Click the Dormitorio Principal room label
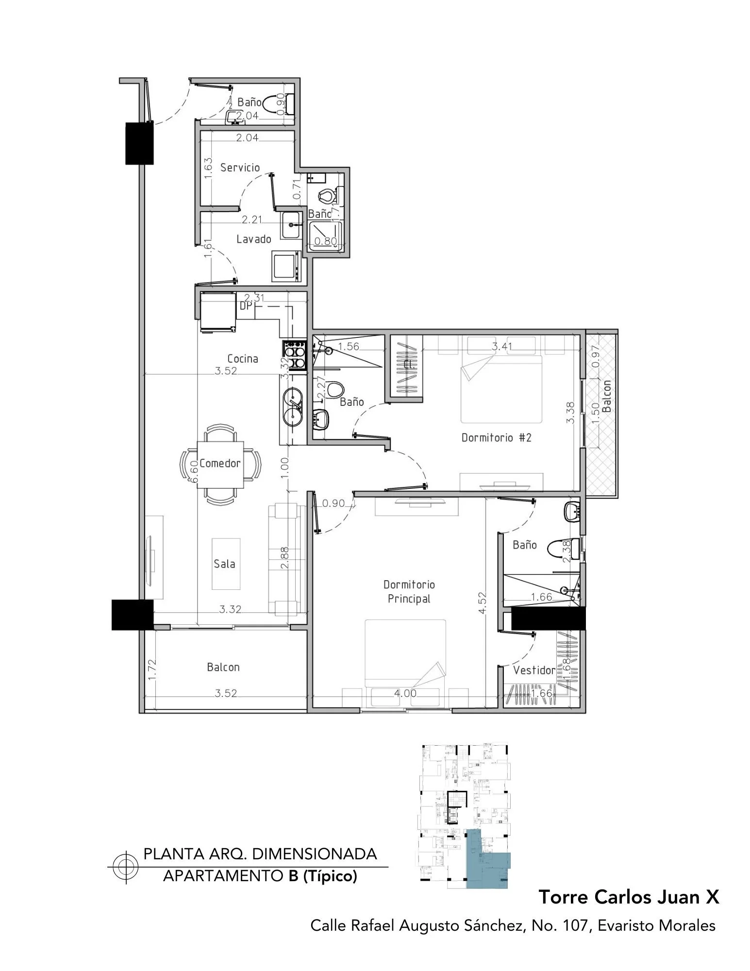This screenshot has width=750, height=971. pos(409,591)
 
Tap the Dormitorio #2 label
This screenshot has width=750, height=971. pos(496,437)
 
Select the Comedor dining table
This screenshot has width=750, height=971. pos(220,464)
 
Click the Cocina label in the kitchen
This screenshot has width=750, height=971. pos(243,359)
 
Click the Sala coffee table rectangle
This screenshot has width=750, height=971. pos(225,564)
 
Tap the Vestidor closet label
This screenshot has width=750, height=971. pos(534,670)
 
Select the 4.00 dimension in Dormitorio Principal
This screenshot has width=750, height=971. pos(405,693)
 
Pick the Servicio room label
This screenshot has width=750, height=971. pos(240,167)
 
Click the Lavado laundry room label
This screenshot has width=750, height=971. pos(253,239)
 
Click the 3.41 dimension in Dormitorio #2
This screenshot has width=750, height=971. pos(502,347)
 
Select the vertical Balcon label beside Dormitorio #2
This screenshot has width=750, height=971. pos(606,396)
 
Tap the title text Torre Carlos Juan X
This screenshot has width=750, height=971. pos(629,897)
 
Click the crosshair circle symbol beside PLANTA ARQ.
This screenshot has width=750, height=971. pos(125,867)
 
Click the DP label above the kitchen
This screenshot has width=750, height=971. pos(246,306)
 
